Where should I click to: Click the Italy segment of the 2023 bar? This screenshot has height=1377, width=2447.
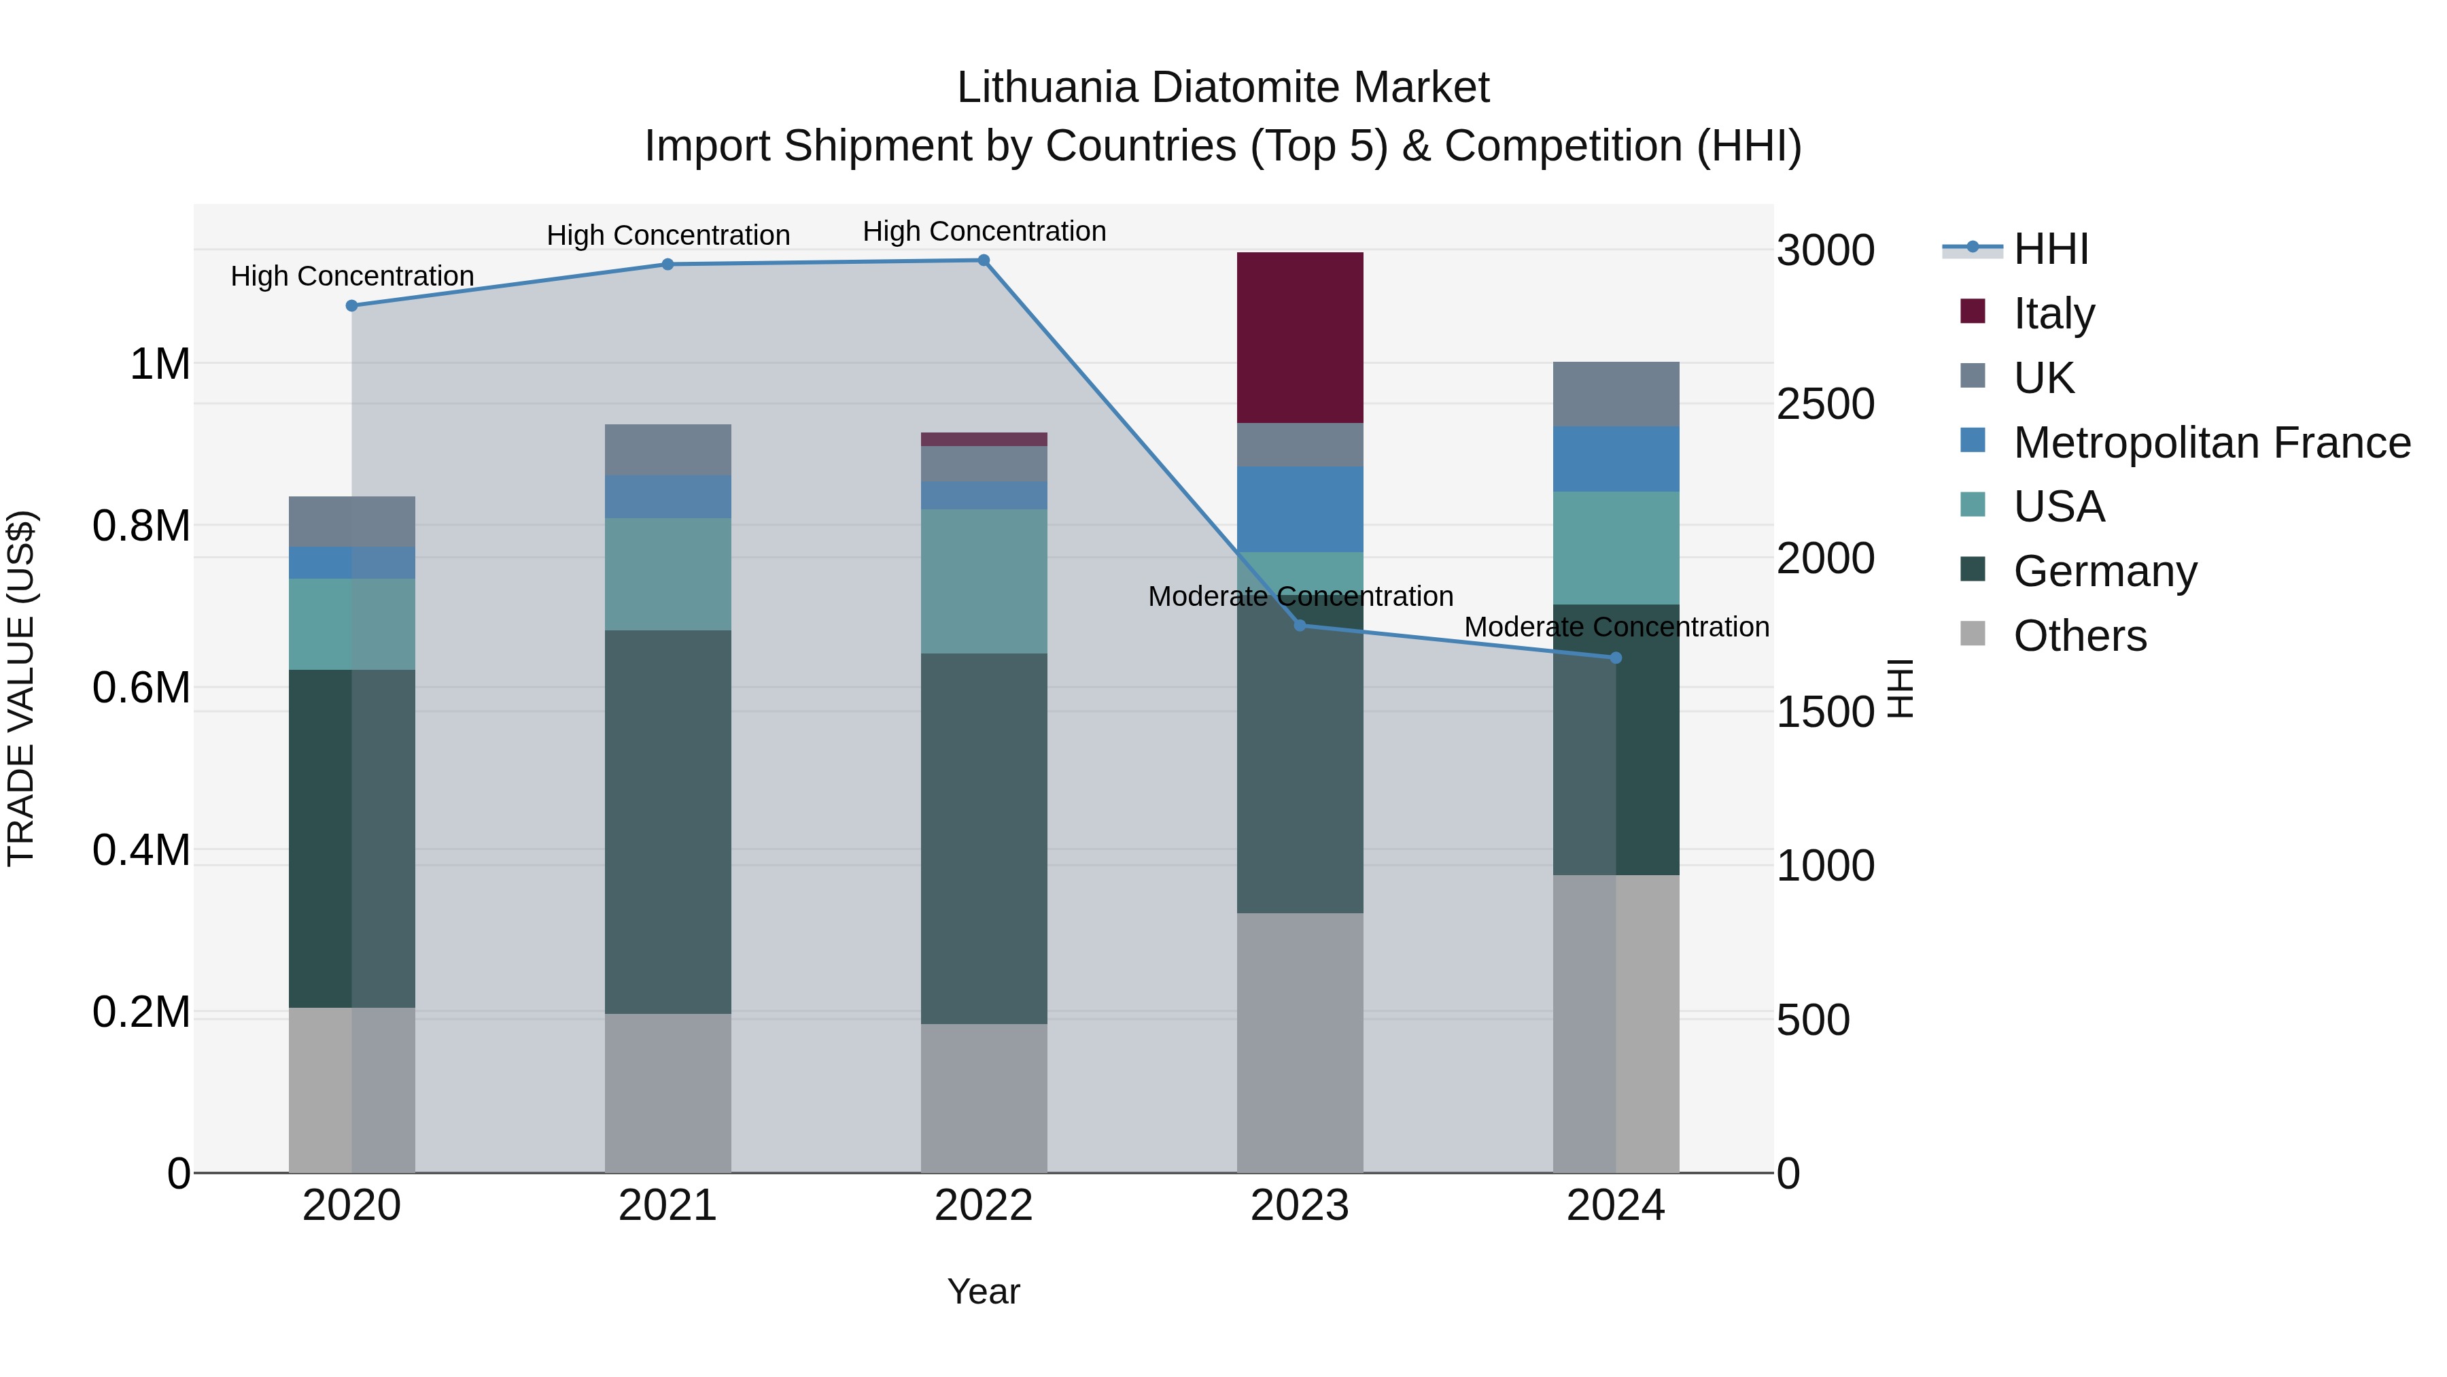coord(1300,337)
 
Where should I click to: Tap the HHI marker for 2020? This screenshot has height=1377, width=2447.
coord(351,306)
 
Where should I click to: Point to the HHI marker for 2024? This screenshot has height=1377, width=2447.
coord(1616,658)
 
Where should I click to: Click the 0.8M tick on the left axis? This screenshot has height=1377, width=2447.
coord(141,526)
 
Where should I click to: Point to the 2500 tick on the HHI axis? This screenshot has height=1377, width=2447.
coord(1825,404)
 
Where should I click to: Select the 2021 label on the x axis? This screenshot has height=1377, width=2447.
coord(667,1206)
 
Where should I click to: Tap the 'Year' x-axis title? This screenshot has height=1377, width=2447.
coord(983,1291)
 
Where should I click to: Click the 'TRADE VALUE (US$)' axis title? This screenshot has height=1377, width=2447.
coord(21,688)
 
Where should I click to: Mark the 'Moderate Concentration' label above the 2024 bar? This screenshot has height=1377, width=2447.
coord(1616,627)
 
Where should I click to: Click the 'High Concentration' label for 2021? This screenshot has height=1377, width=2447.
coord(667,235)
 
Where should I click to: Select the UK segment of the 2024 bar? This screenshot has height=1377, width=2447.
coord(1616,394)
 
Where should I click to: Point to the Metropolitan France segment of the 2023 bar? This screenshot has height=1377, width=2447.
coord(1300,509)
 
